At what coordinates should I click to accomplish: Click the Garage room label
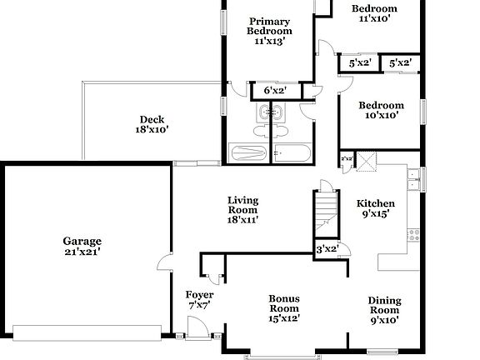pyautogui.click(x=82, y=242)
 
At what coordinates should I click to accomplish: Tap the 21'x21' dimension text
pyautogui.click(x=82, y=252)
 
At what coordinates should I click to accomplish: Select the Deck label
pyautogui.click(x=152, y=118)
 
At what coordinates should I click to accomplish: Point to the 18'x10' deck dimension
pyautogui.click(x=152, y=129)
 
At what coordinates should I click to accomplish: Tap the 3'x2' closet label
pyautogui.click(x=326, y=248)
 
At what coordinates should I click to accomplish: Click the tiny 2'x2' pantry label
pyautogui.click(x=347, y=158)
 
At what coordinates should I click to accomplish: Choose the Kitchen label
pyautogui.click(x=375, y=203)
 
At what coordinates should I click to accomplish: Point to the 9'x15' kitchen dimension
pyautogui.click(x=375, y=214)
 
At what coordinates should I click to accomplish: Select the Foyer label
pyautogui.click(x=199, y=295)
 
